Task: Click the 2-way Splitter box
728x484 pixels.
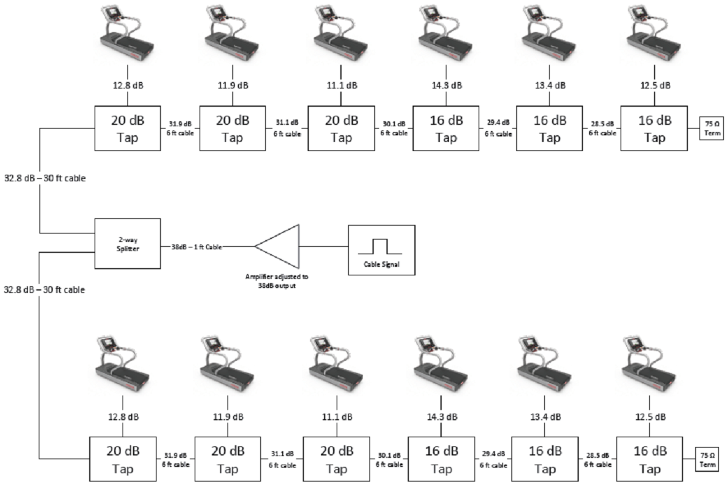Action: pyautogui.click(x=127, y=244)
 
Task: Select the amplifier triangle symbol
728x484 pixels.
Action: pyautogui.click(x=280, y=246)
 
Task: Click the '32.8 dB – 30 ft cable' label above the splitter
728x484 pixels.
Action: pyautogui.click(x=44, y=178)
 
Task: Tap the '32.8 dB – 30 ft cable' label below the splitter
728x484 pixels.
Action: pyautogui.click(x=44, y=289)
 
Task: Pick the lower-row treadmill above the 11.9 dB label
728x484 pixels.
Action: pyautogui.click(x=228, y=366)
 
